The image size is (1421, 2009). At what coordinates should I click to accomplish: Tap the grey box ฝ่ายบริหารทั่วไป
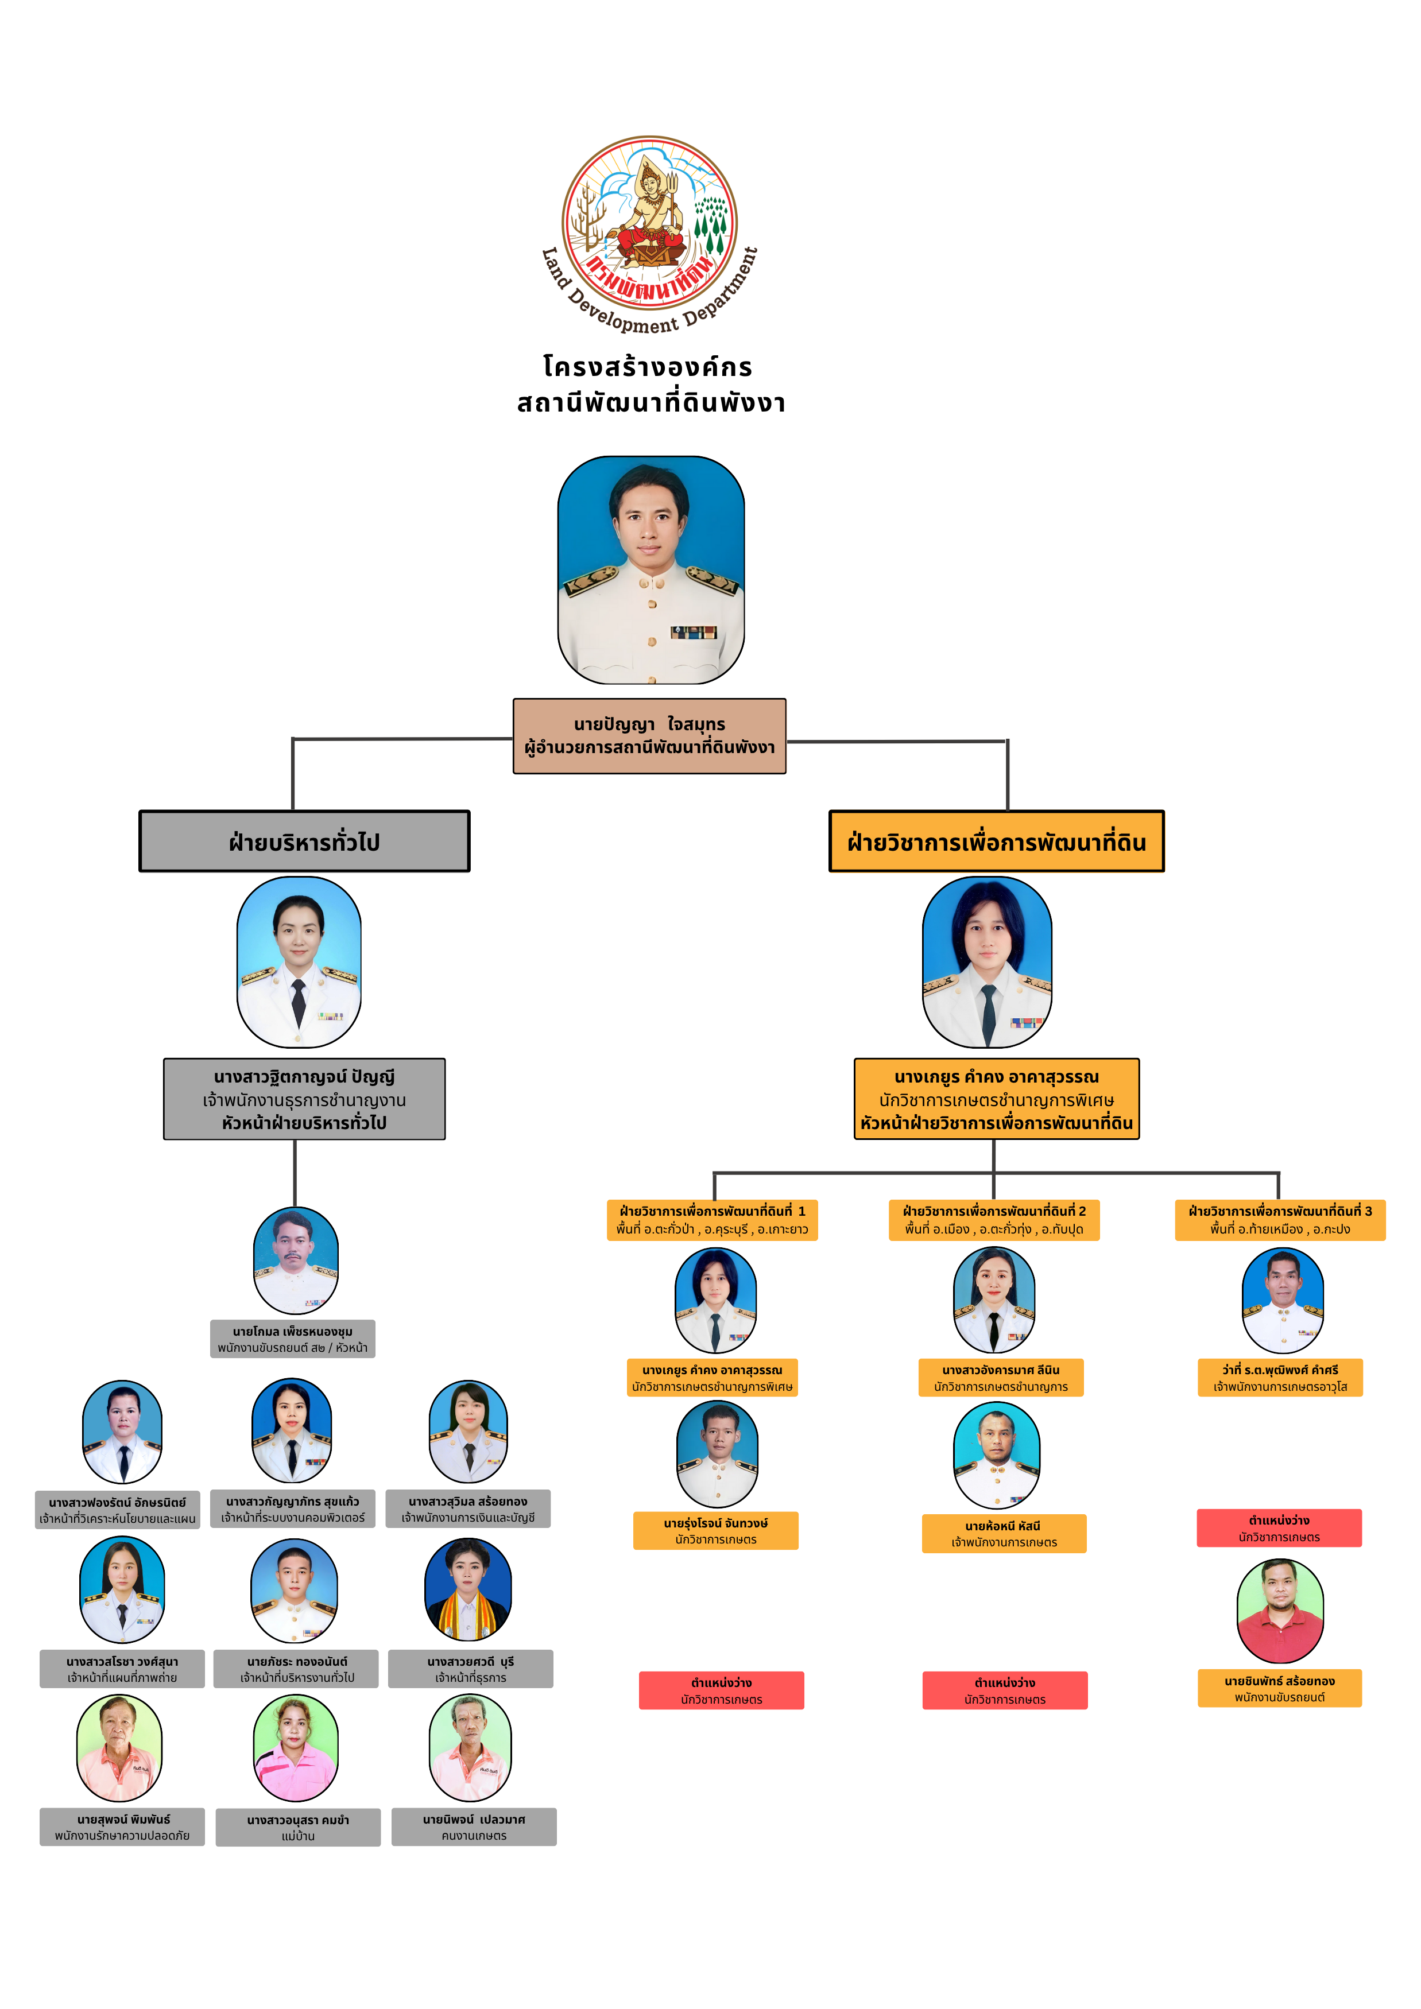pos(304,841)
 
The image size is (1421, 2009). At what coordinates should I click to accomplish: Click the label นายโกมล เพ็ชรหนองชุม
pos(292,1339)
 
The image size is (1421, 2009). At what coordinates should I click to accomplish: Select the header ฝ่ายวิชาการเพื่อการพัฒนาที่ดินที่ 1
pos(713,1220)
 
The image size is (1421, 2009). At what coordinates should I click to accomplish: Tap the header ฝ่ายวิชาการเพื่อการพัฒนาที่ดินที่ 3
pos(1279,1220)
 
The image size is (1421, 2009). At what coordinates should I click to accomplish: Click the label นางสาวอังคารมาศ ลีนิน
pos(1000,1377)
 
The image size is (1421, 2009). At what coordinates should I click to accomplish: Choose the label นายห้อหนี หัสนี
pos(1004,1533)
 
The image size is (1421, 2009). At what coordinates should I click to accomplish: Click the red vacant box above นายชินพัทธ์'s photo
pos(1279,1528)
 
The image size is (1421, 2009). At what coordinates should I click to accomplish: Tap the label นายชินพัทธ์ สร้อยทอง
pos(1279,1688)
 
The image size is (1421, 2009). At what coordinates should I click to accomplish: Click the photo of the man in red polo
pos(1279,1611)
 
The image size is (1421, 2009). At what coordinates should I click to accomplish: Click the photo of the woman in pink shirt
pos(296,1748)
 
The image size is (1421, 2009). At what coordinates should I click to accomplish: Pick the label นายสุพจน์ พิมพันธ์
pos(122,1827)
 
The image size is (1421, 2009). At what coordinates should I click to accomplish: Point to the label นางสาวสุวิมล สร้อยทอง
pos(468,1508)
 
